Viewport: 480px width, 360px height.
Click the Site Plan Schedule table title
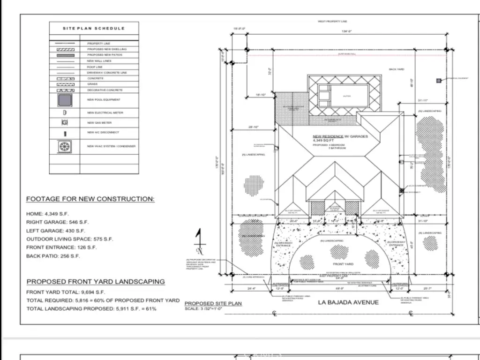click(x=94, y=28)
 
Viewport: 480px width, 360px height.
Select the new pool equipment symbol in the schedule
click(x=65, y=100)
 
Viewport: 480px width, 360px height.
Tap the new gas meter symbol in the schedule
click(x=65, y=122)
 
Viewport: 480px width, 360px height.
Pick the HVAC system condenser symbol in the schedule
click(x=65, y=146)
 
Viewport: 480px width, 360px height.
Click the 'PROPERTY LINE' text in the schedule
click(x=98, y=44)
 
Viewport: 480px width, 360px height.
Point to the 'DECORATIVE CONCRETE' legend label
click(x=105, y=90)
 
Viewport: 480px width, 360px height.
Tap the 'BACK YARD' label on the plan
click(x=396, y=69)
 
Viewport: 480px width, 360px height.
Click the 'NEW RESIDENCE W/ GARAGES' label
click(x=340, y=136)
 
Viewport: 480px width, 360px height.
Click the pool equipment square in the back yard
click(x=439, y=81)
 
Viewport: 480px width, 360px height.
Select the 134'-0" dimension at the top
click(x=347, y=31)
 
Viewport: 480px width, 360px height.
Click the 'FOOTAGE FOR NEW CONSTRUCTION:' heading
click(x=90, y=199)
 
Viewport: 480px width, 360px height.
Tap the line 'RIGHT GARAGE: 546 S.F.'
click(x=57, y=222)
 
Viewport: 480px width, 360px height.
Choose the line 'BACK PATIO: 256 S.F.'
click(x=53, y=256)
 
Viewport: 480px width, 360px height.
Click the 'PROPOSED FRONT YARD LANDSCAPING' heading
click(x=96, y=282)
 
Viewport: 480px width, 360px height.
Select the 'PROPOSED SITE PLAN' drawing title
click(x=213, y=303)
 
